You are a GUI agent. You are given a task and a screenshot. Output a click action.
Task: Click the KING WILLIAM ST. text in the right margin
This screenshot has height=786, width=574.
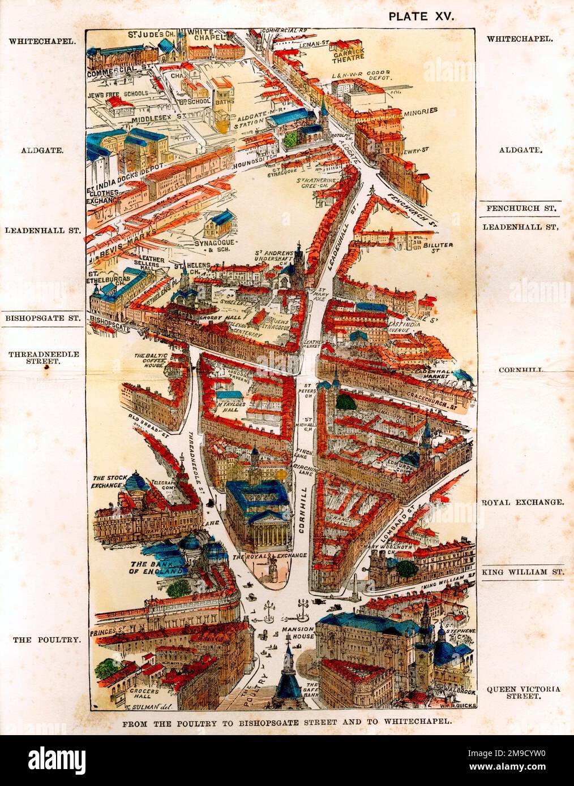pyautogui.click(x=523, y=572)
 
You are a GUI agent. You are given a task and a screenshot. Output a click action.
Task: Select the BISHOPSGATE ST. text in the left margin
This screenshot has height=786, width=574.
pyautogui.click(x=42, y=318)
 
